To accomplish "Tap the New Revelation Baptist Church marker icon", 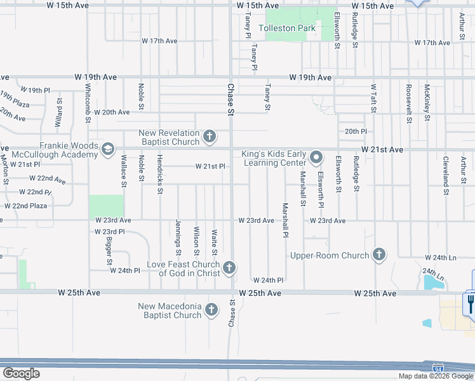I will [210, 136].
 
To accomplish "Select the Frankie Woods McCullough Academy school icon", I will [107, 149].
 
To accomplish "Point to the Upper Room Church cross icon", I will [379, 255].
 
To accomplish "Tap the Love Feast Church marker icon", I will [229, 269].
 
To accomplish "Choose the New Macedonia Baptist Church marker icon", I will [211, 311].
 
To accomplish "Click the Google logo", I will [21, 373].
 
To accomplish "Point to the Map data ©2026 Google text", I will [435, 376].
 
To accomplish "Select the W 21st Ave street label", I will [382, 149].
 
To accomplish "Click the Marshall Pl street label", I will [286, 220].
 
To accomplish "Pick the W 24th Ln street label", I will [443, 258].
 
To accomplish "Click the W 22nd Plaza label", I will [25, 206].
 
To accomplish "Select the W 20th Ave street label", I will [112, 112].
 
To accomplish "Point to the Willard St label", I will [58, 112].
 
